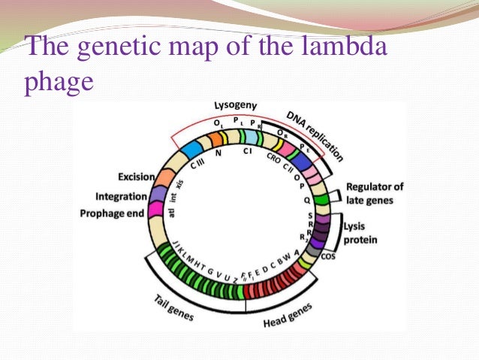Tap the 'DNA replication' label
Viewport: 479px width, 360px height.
315,136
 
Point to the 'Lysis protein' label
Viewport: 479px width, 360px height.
361,232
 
